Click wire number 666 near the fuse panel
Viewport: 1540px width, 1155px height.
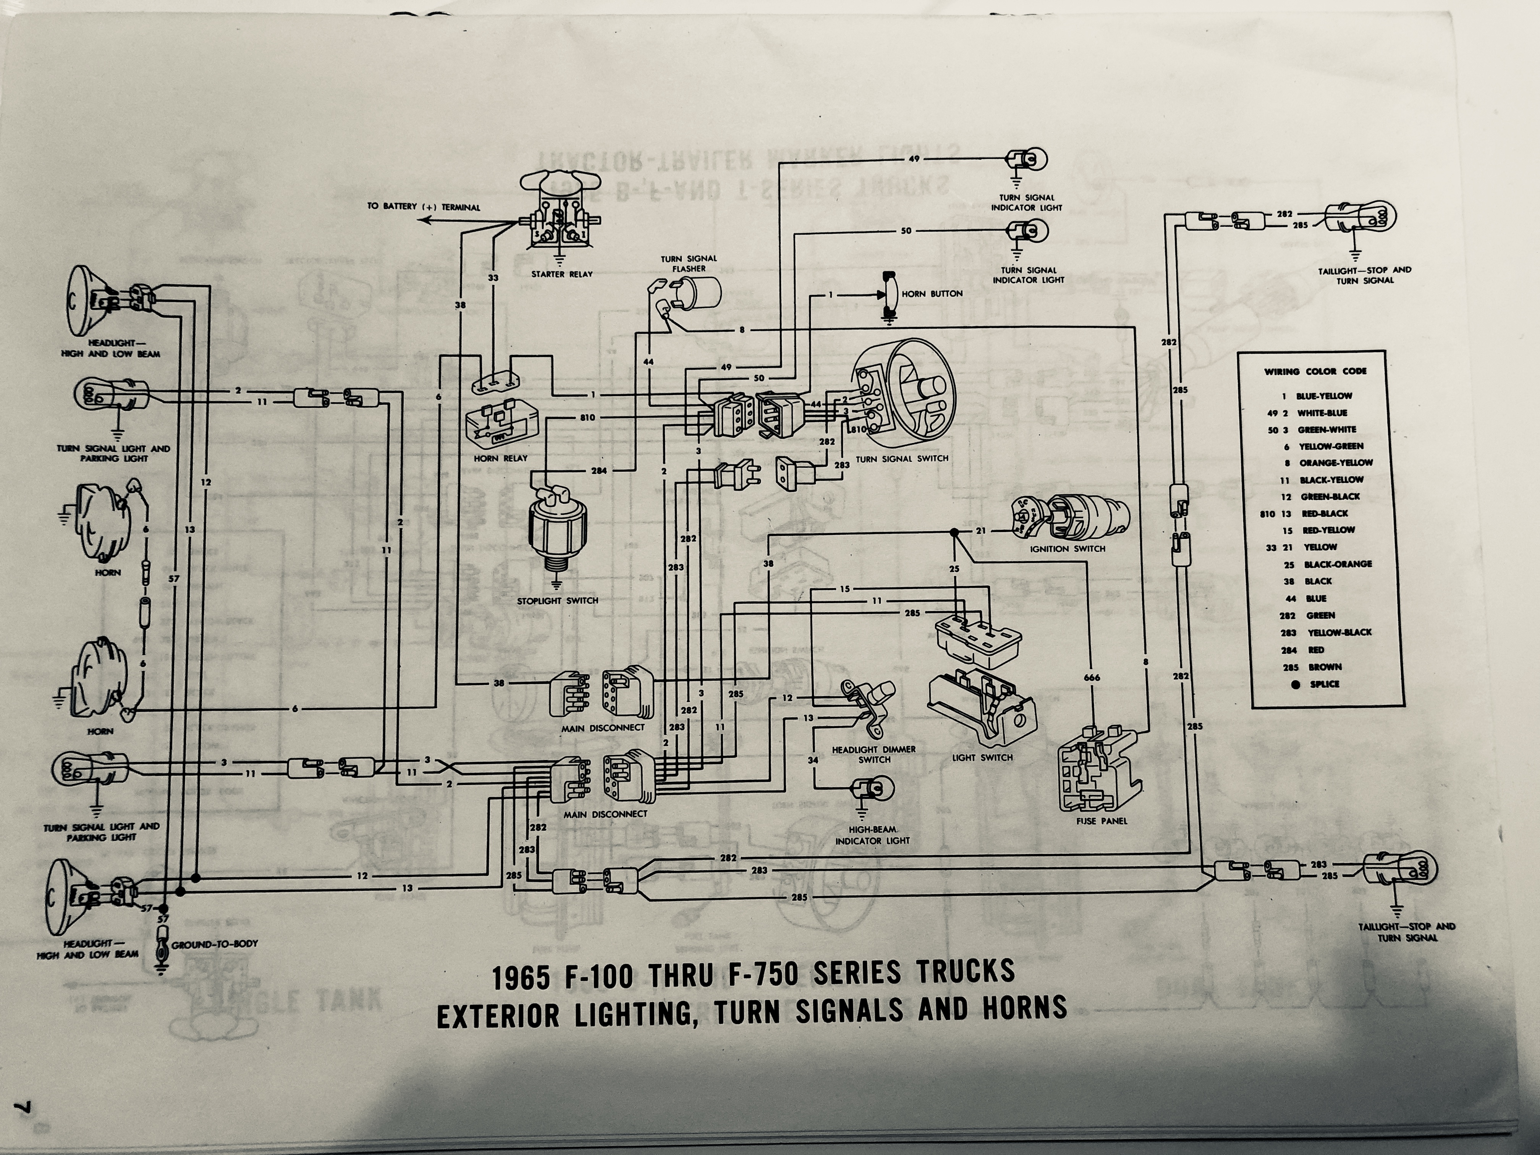pos(1092,678)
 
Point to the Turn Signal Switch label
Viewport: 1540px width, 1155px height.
pos(902,459)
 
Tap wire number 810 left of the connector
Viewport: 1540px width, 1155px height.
pos(587,418)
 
